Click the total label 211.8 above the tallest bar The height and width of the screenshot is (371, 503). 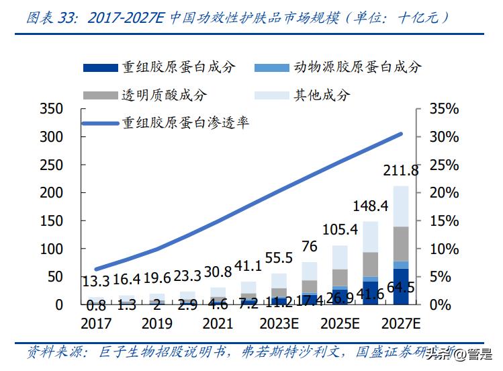400,170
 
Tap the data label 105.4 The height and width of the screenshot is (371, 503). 340,231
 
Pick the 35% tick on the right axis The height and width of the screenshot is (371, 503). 444,109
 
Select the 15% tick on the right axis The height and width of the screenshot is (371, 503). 444,220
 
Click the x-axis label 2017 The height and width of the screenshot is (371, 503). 95,323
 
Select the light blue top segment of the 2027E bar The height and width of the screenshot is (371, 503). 401,206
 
